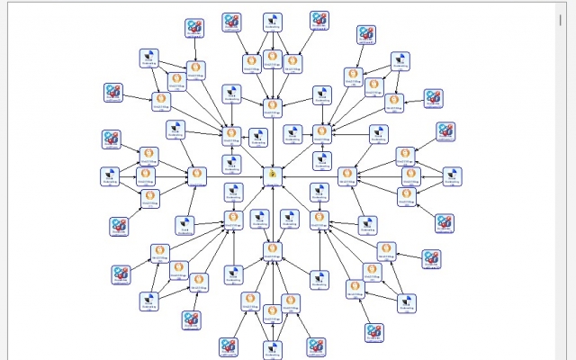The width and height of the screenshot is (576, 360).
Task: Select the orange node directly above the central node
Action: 273,105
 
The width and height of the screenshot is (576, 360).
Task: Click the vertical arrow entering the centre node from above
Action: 273,139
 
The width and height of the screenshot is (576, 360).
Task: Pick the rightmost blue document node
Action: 452,175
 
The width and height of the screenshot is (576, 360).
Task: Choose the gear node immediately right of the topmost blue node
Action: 319,20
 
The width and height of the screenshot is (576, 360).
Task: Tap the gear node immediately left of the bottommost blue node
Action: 229,346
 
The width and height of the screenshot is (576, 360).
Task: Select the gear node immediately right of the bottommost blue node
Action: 316,346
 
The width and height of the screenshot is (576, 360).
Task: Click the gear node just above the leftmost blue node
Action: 112,139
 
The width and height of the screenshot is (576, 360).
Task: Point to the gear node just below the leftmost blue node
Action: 119,225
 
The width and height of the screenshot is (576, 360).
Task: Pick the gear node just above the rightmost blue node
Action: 445,131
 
